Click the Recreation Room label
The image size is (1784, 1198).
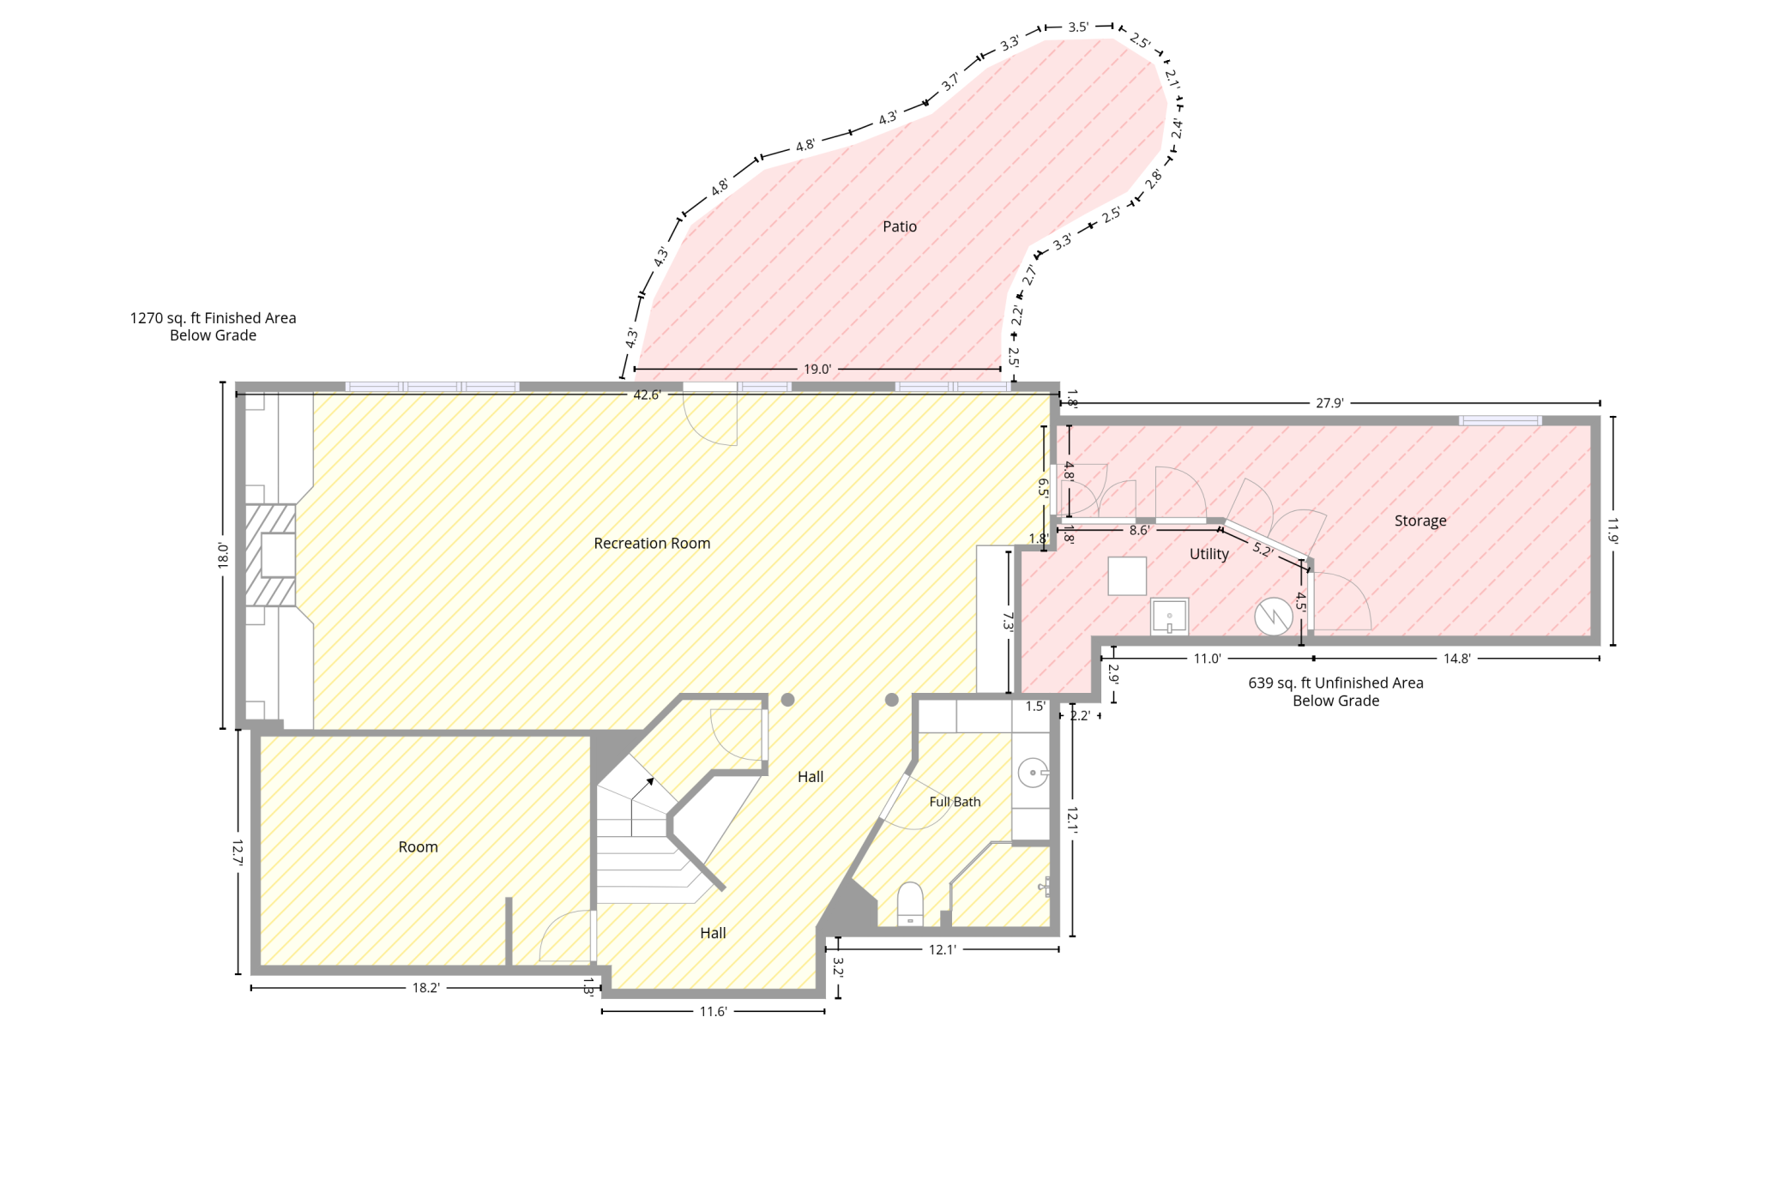point(652,544)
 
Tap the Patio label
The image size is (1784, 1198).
point(900,226)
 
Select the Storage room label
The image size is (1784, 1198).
point(1420,521)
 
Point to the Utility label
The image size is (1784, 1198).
point(1209,554)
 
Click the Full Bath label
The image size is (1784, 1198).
point(955,802)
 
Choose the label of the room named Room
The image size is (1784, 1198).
point(418,847)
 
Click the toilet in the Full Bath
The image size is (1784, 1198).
point(910,904)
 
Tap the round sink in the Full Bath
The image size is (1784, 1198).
point(1033,773)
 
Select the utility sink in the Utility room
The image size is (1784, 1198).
point(1169,617)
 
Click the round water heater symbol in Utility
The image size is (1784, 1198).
point(1274,617)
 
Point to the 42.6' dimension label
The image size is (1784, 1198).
point(647,395)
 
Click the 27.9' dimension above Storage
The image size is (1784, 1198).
point(1329,403)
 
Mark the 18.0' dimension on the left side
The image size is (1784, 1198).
point(223,555)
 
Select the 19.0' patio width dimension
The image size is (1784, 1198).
point(817,370)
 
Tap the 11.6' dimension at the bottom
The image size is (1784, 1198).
point(713,1012)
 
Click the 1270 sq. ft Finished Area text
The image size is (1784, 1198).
point(213,318)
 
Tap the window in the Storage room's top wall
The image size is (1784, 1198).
point(1500,421)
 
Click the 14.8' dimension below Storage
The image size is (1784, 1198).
point(1456,659)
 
